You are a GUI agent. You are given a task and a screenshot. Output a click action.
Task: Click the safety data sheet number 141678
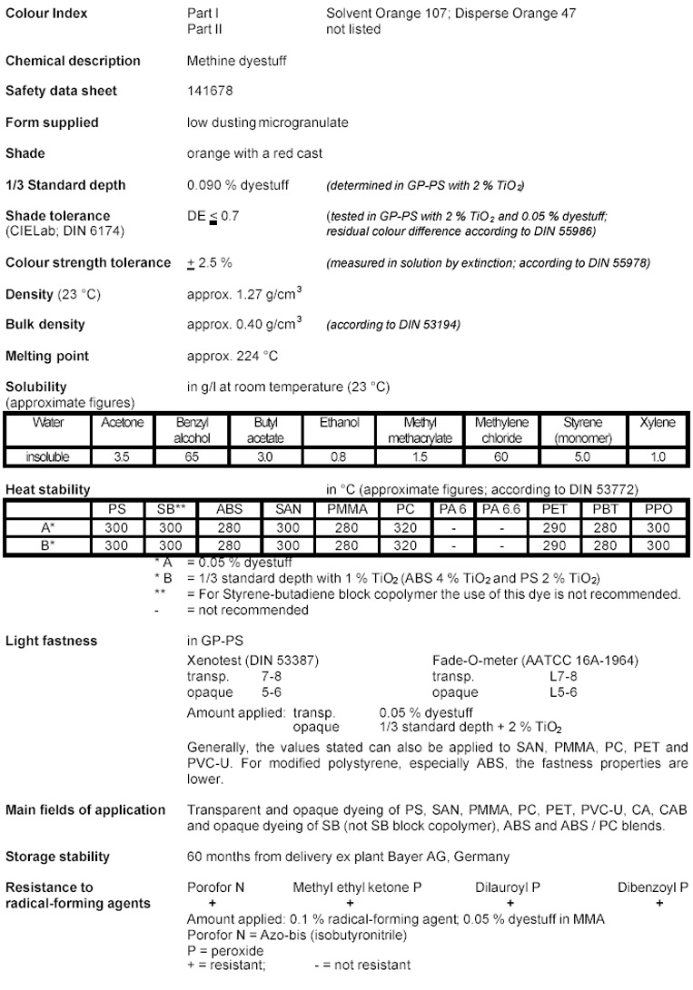point(204,92)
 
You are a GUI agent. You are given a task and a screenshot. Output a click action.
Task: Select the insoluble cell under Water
point(47,457)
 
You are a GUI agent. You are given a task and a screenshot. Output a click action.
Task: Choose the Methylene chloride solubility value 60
point(500,457)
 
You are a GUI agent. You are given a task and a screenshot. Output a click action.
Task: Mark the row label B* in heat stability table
point(46,545)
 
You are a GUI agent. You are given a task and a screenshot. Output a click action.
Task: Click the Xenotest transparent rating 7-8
point(262,678)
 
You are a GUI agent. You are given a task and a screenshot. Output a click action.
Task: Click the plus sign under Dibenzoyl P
point(659,904)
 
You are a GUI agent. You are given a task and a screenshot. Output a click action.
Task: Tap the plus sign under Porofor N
point(212,904)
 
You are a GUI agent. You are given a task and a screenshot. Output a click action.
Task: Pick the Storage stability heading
point(57,857)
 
